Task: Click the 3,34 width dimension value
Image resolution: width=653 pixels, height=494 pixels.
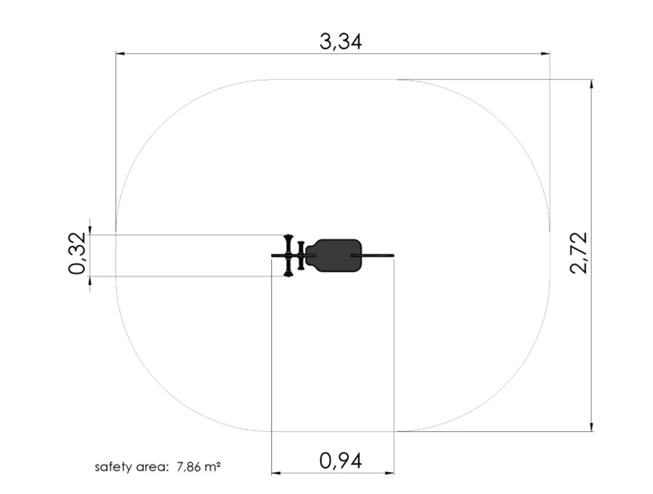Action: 340,42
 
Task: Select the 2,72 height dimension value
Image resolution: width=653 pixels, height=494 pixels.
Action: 579,253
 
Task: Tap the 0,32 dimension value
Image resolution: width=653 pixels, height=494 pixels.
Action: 78,253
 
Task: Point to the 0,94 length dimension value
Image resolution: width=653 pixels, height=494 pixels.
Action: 340,461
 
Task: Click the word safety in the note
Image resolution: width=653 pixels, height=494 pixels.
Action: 110,467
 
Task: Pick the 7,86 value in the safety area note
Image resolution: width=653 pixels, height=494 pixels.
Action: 189,467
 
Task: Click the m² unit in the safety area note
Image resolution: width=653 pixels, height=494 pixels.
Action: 212,467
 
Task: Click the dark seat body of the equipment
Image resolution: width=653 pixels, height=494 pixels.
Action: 334,256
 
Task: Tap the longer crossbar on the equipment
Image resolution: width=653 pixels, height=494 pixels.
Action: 288,256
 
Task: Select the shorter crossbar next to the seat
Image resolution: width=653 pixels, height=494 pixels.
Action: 301,255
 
